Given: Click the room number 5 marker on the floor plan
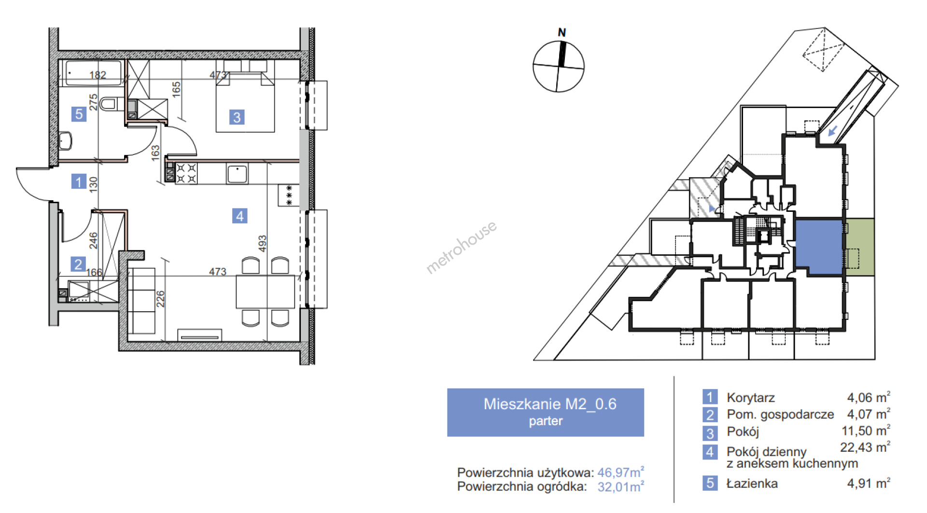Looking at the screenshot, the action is (79, 114).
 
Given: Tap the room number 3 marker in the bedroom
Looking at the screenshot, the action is (237, 117).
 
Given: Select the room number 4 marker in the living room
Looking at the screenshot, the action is (239, 216).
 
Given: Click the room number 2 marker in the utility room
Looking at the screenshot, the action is (78, 264).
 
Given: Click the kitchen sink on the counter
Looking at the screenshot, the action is (237, 174).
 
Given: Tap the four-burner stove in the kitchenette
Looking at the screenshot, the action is (186, 174).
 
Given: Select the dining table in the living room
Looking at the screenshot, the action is (265, 291).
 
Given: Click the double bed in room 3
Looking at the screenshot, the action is (245, 101).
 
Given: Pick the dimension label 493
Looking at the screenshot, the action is (262, 243).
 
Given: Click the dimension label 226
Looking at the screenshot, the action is (160, 299).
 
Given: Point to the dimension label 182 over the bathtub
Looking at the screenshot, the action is (98, 75).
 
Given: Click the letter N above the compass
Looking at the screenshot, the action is (562, 32).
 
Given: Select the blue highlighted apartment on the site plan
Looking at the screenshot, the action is (819, 247).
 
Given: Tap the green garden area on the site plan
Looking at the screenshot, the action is (860, 247).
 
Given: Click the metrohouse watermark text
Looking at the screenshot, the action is (461, 247).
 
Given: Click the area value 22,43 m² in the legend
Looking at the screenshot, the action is (865, 447).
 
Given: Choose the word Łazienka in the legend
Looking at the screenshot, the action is (752, 483).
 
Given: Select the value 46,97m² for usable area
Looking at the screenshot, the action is (621, 472).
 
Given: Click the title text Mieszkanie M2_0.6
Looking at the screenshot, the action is (550, 404).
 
